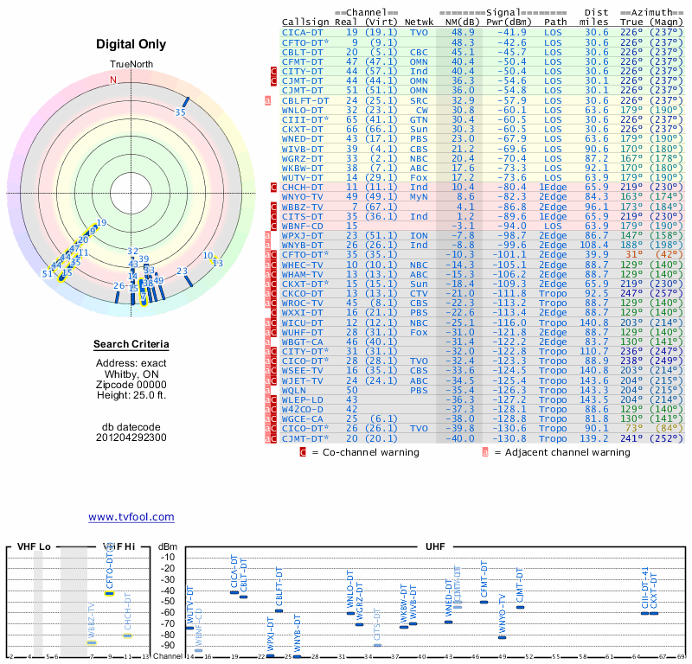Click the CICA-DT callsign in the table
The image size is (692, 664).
click(x=301, y=31)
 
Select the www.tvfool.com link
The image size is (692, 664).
click(x=131, y=517)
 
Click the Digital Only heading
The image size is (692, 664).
click(x=131, y=44)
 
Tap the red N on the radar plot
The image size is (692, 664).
click(x=112, y=80)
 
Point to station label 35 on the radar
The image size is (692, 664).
click(x=180, y=112)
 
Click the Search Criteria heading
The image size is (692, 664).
click(x=131, y=345)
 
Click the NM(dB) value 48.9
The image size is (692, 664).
click(x=461, y=31)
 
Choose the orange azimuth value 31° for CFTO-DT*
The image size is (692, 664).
click(x=636, y=254)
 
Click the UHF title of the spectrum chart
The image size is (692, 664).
click(x=435, y=547)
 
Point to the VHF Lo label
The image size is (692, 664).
click(x=34, y=547)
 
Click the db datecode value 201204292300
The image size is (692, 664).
click(x=131, y=437)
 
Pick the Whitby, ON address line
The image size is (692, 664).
click(x=131, y=373)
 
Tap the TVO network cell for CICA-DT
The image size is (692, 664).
click(x=419, y=31)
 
